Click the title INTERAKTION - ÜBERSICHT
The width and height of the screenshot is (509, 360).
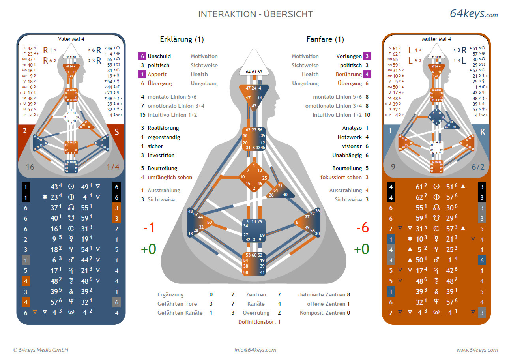(x=255, y=14)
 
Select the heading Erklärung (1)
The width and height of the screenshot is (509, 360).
(x=182, y=39)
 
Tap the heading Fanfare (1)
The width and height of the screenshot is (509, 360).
(x=325, y=39)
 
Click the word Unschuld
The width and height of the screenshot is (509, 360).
(x=159, y=56)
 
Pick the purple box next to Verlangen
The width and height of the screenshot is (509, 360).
(x=367, y=56)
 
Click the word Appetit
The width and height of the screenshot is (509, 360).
(x=157, y=74)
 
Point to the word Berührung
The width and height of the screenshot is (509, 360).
(x=348, y=74)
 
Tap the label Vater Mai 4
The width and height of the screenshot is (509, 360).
(x=71, y=39)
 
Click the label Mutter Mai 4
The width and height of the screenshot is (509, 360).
(x=436, y=39)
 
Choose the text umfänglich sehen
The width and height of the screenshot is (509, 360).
(x=170, y=177)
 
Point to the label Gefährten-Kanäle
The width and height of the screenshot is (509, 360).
(x=180, y=313)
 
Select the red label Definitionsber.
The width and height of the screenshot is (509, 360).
(x=256, y=322)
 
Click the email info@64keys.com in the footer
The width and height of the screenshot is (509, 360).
(x=255, y=350)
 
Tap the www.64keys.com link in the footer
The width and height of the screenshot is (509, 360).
(x=477, y=350)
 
